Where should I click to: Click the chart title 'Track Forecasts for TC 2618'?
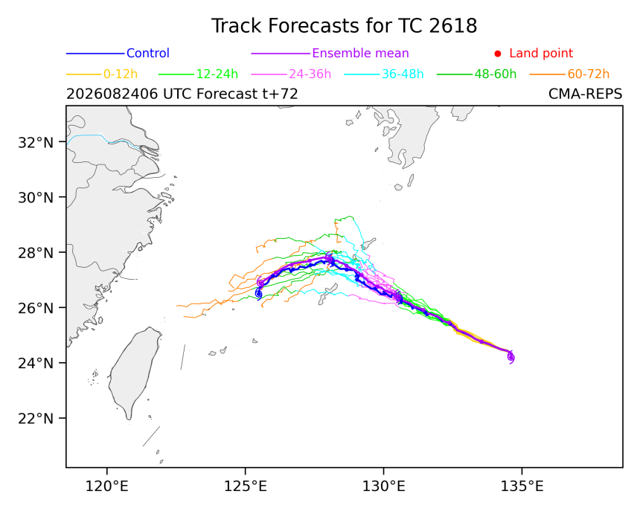point(344,26)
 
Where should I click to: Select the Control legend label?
point(148,53)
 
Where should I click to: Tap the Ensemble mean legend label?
point(360,53)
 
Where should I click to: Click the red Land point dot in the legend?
point(498,54)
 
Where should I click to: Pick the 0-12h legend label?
point(121,74)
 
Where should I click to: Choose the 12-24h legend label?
point(217,74)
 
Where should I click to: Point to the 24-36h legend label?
point(310,74)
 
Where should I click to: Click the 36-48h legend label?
point(403,74)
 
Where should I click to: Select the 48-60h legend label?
point(496,74)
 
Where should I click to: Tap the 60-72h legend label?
point(588,74)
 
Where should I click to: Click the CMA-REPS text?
point(586,94)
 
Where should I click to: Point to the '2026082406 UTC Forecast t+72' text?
point(182,94)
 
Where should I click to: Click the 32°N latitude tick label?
point(36,142)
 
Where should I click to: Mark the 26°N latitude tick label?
point(36,308)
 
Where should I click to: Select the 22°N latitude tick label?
point(36,419)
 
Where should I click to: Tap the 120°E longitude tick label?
point(107,486)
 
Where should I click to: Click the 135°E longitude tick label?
point(522,486)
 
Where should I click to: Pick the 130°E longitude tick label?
point(384,486)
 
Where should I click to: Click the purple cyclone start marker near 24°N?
point(511,357)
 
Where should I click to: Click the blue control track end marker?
point(258,294)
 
